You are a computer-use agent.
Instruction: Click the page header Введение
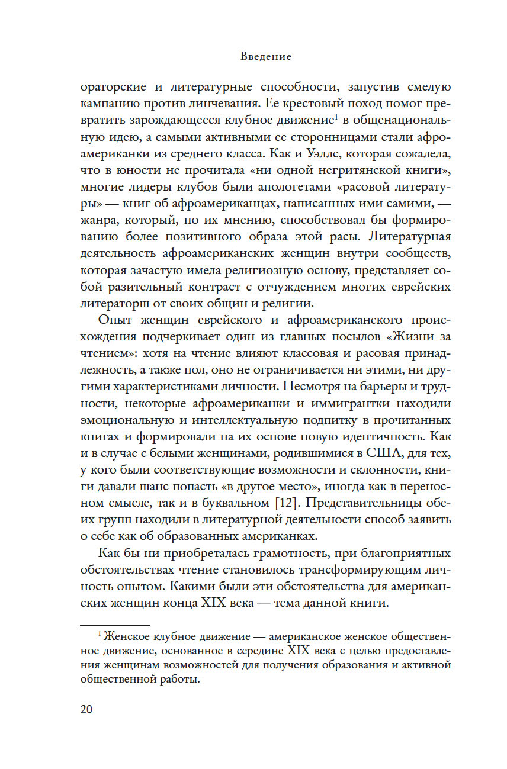pyautogui.click(x=266, y=57)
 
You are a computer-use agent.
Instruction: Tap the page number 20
pyautogui.click(x=86, y=710)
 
